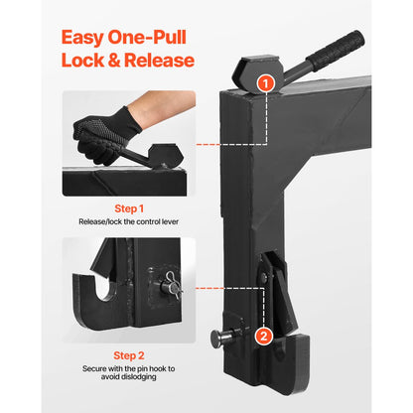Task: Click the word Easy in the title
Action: click(x=88, y=38)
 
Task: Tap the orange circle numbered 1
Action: click(x=265, y=83)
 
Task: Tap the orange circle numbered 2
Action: click(x=263, y=336)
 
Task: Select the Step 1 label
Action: click(x=127, y=208)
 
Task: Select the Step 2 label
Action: click(x=127, y=354)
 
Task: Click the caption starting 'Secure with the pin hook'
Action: click(x=127, y=368)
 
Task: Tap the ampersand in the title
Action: click(x=115, y=62)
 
